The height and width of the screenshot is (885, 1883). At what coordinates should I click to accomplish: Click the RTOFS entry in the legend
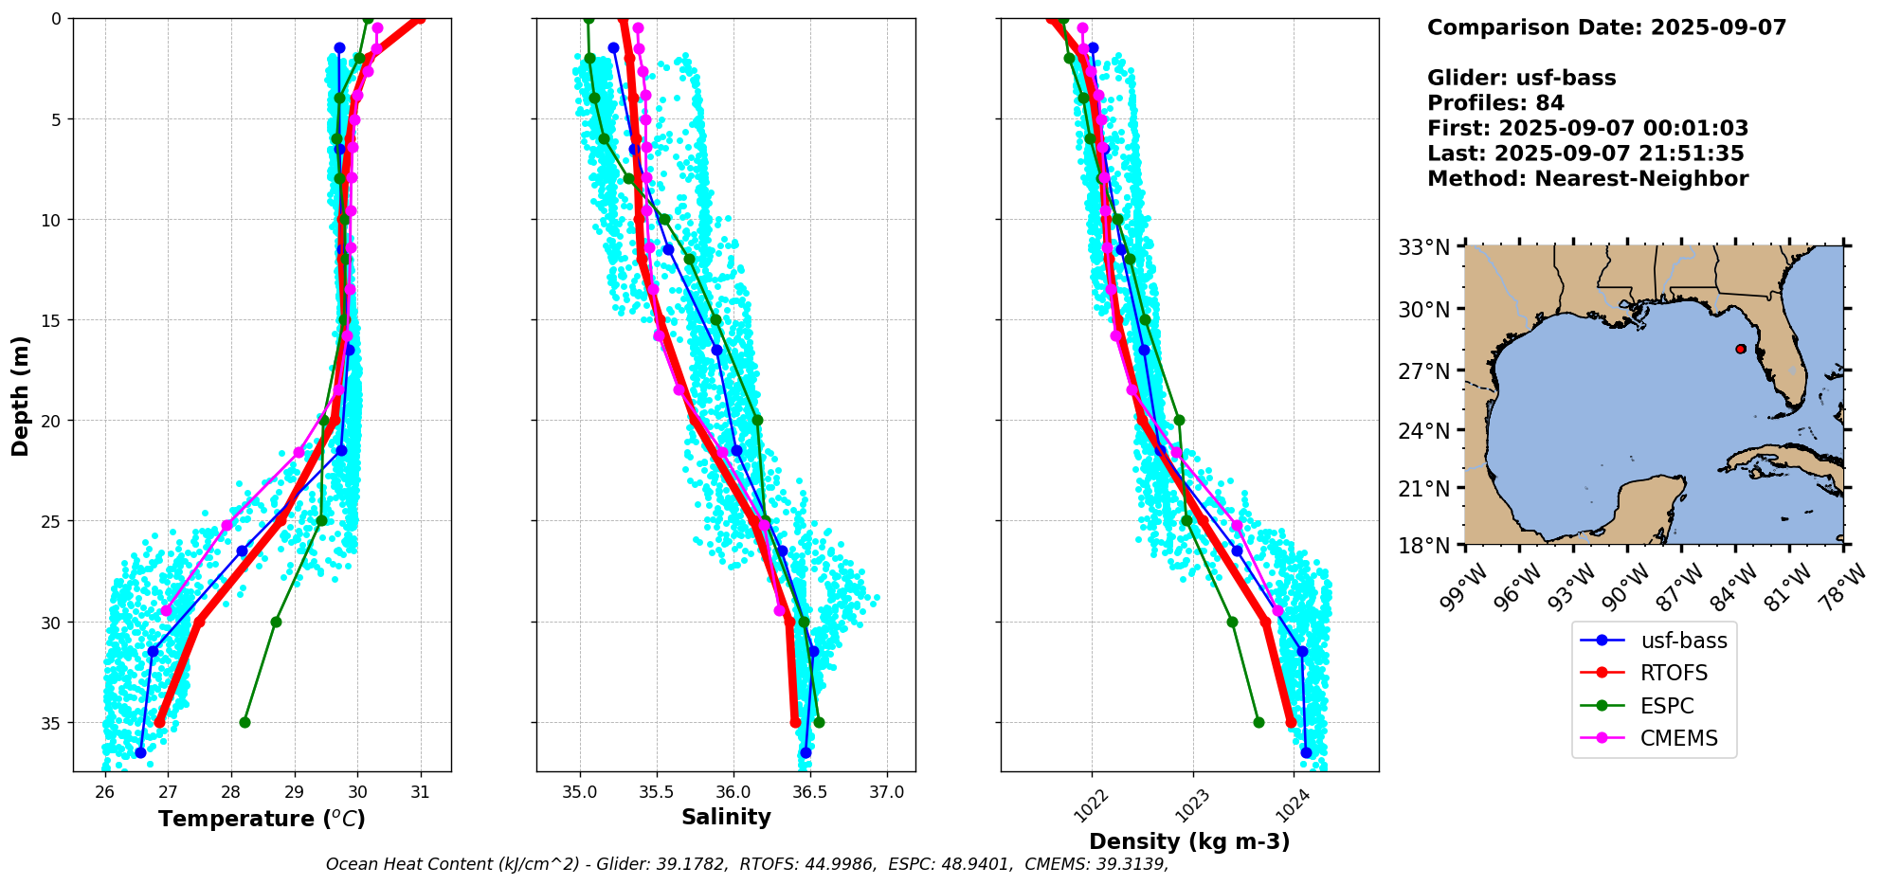tap(1674, 673)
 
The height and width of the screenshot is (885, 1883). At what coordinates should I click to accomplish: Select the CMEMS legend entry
tap(1678, 738)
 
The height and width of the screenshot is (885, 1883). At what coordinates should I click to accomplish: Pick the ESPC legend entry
tap(1666, 706)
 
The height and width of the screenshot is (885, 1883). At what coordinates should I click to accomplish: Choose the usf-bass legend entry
tap(1683, 641)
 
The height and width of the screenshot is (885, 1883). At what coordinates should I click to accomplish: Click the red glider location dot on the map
tap(1741, 349)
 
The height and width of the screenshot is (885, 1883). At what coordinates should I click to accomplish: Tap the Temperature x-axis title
tap(262, 819)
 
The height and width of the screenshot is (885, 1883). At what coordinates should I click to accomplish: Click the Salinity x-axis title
tap(726, 818)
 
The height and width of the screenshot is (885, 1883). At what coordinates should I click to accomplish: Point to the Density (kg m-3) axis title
tap(1189, 841)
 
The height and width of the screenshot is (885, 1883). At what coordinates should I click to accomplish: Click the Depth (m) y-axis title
tap(21, 395)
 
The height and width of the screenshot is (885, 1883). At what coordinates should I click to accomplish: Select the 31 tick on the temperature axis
tap(420, 792)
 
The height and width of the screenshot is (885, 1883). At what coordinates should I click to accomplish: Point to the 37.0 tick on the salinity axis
tap(886, 792)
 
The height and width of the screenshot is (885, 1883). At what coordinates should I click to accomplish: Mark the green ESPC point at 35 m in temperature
tap(244, 722)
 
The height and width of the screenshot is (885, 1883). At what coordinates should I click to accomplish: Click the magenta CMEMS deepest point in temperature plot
tap(167, 610)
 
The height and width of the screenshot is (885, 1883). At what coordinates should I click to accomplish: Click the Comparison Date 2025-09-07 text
tap(1606, 27)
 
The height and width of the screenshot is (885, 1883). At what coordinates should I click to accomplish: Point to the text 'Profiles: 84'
tap(1495, 103)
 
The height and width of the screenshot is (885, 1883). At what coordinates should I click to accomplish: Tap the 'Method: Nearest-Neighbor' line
tap(1587, 179)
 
